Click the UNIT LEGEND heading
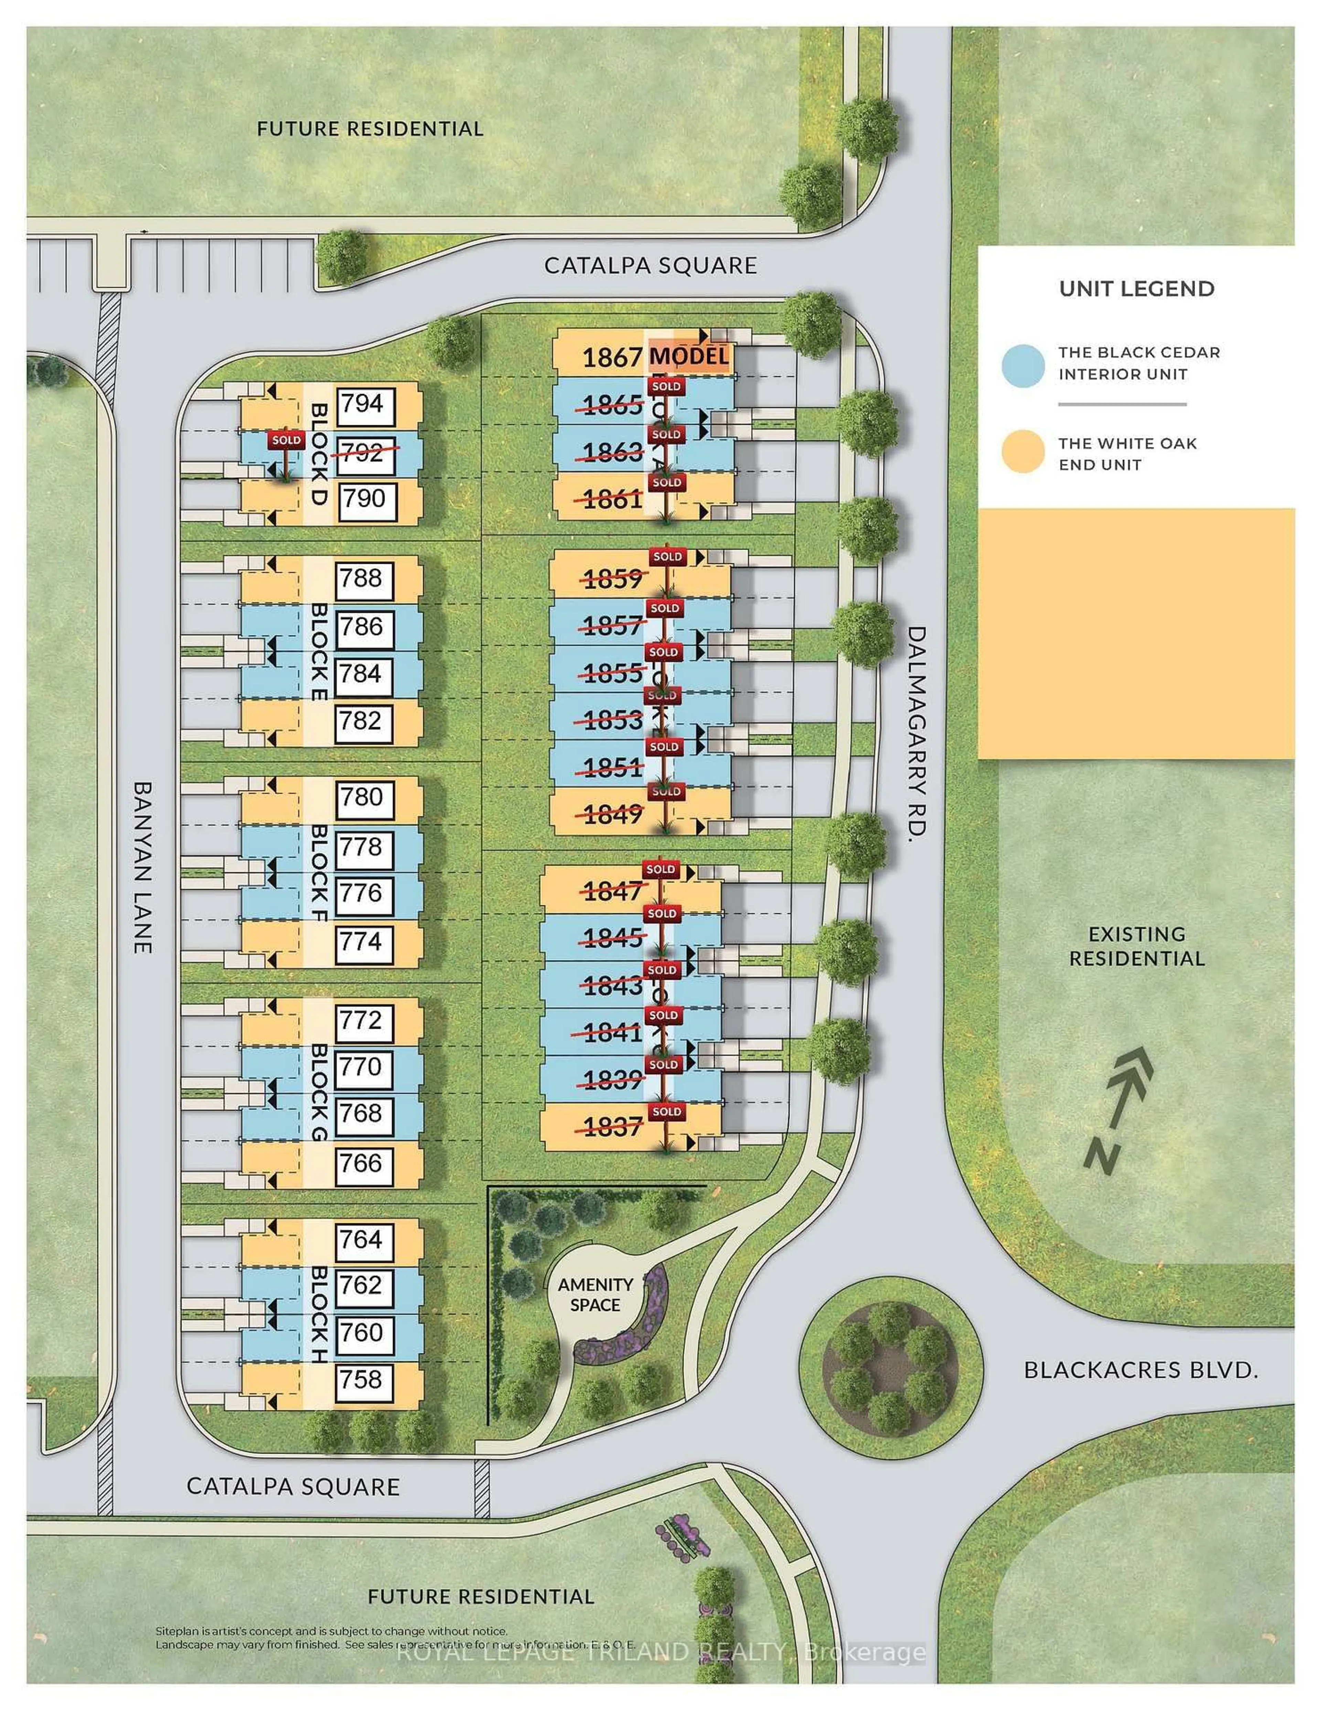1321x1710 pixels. pos(1136,289)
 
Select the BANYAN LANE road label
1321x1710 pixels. pos(142,867)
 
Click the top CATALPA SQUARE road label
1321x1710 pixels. pos(650,265)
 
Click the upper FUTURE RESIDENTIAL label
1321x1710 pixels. pos(370,128)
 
